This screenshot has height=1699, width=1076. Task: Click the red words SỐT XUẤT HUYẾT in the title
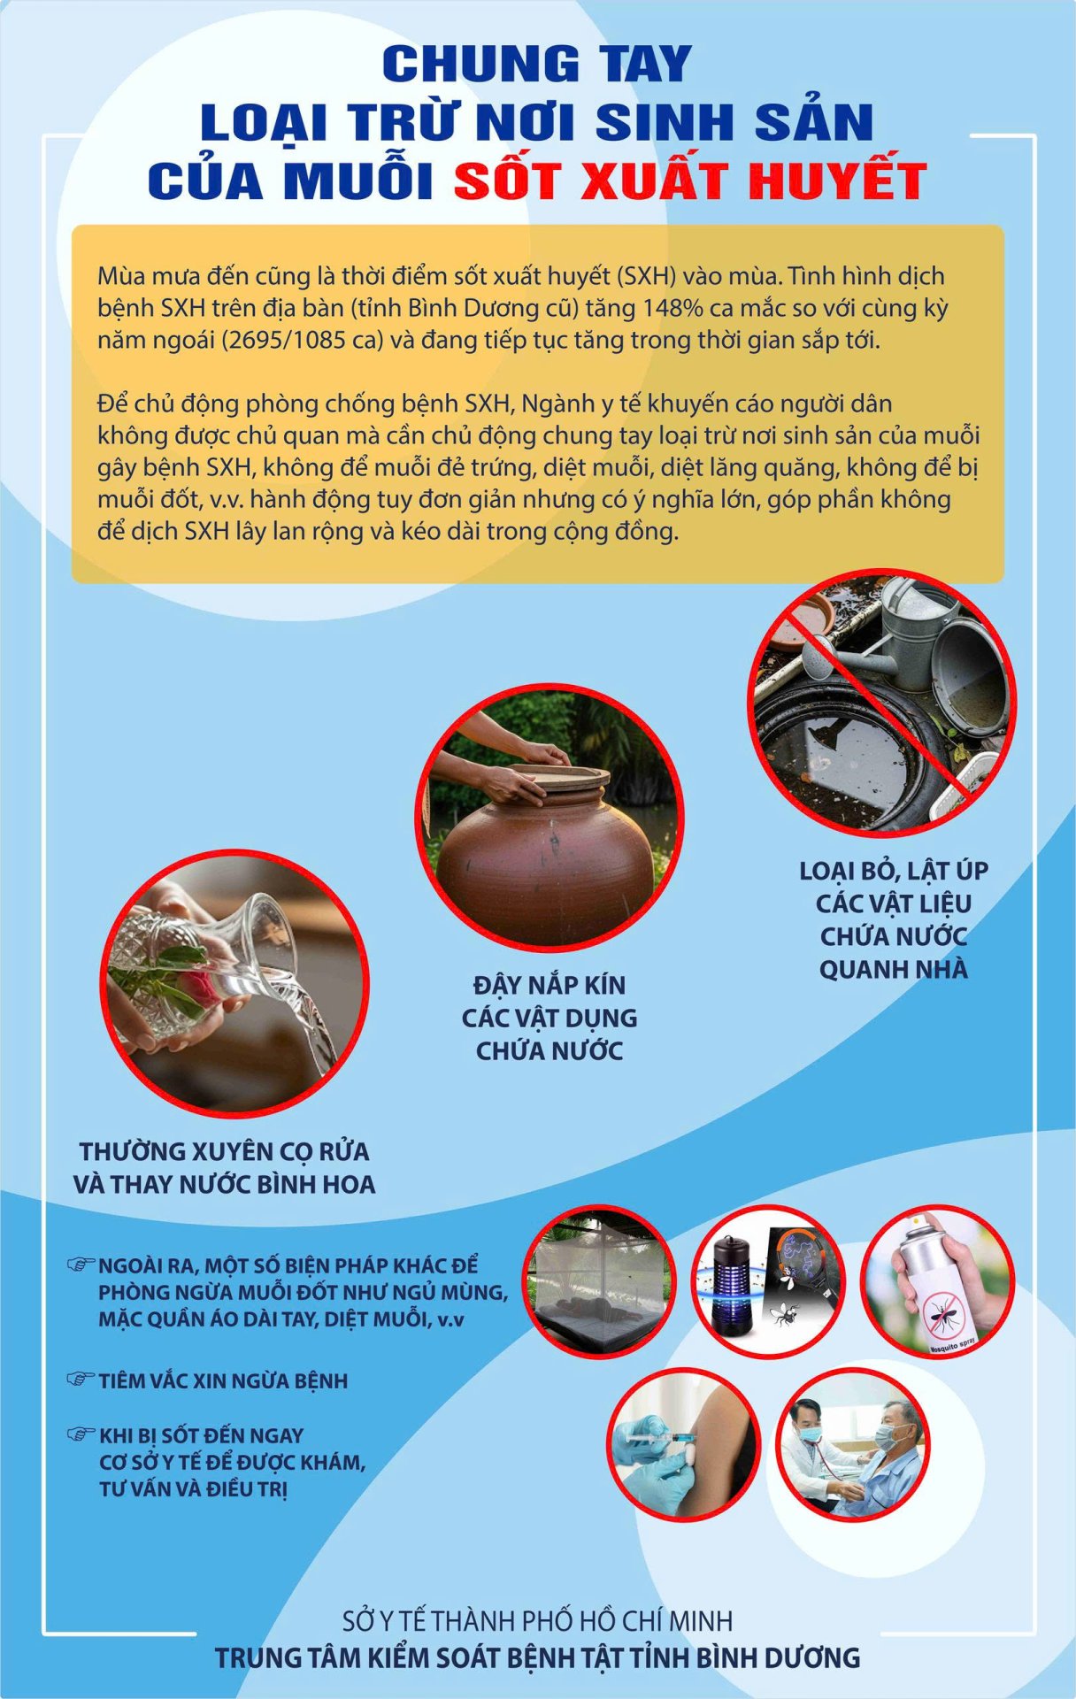pyautogui.click(x=690, y=181)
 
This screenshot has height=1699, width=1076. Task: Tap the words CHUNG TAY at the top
pyautogui.click(x=536, y=64)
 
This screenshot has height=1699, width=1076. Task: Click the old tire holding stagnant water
pyautogui.click(x=841, y=752)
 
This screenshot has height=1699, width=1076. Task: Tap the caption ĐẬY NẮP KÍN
pyautogui.click(x=549, y=985)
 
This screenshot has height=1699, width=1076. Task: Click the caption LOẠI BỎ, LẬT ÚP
pyautogui.click(x=893, y=871)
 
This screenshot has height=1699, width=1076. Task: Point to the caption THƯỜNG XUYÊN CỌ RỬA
pyautogui.click(x=224, y=1151)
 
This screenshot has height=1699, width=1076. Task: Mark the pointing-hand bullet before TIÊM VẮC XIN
pyautogui.click(x=81, y=1380)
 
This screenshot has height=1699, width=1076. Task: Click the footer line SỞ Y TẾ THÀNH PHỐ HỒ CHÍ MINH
pyautogui.click(x=537, y=1621)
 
